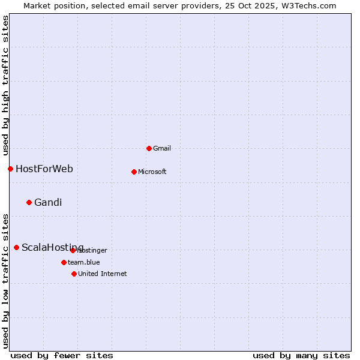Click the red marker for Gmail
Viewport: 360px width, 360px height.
[149, 148]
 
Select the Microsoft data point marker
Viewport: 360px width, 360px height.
[134, 172]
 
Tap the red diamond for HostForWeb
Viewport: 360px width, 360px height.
[10, 169]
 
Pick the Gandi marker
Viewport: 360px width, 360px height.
[29, 202]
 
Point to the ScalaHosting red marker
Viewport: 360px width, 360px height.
[16, 247]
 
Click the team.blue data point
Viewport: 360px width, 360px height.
[64, 262]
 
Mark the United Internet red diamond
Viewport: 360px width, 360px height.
[74, 274]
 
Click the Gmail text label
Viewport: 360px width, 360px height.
[162, 148]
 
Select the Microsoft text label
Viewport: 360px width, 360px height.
[152, 172]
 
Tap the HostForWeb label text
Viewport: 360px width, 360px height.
[44, 169]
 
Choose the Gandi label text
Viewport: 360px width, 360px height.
[48, 202]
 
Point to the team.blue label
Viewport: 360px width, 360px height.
[84, 262]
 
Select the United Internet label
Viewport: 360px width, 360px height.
[103, 274]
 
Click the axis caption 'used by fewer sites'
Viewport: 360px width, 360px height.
[62, 355]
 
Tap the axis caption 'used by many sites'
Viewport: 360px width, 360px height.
[301, 355]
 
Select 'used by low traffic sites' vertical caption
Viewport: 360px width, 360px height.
[5, 281]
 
